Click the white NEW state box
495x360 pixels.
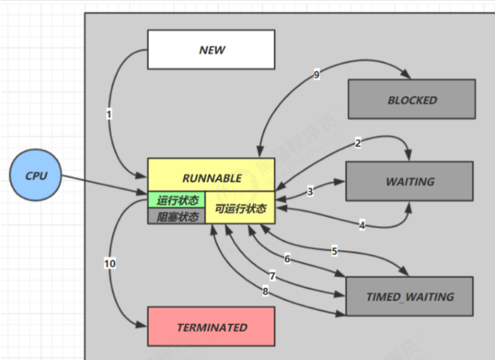point(211,50)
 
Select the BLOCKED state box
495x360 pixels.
point(412,99)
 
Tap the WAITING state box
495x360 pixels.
point(410,181)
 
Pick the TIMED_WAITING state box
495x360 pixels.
point(410,297)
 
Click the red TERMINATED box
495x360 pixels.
point(211,327)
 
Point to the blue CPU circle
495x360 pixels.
point(36,176)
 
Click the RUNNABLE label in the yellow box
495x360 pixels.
point(211,177)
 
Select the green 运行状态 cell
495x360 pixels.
point(177,200)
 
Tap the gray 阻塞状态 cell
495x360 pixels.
point(177,216)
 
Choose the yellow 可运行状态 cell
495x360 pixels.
point(240,208)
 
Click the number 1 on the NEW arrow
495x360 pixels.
point(109,114)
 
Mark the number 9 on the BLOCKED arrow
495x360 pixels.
point(317,75)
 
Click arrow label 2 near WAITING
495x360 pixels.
point(357,144)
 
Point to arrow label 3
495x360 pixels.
point(310,191)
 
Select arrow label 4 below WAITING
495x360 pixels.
point(362,225)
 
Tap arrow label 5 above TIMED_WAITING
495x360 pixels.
point(334,251)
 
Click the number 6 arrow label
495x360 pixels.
point(287,259)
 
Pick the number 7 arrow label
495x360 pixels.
point(272,276)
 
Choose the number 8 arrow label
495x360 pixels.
point(265,292)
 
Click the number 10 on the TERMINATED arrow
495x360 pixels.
point(110,263)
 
